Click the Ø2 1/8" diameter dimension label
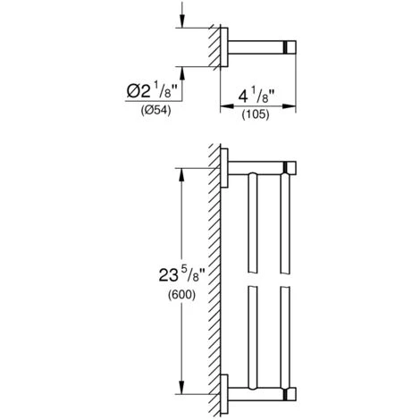[152, 91]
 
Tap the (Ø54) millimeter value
[155, 111]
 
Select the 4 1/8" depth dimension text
[256, 96]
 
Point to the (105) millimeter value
[256, 114]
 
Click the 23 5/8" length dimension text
[182, 274]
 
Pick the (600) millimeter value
[181, 295]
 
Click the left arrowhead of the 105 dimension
[227, 105]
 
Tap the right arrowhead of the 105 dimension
[289, 105]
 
